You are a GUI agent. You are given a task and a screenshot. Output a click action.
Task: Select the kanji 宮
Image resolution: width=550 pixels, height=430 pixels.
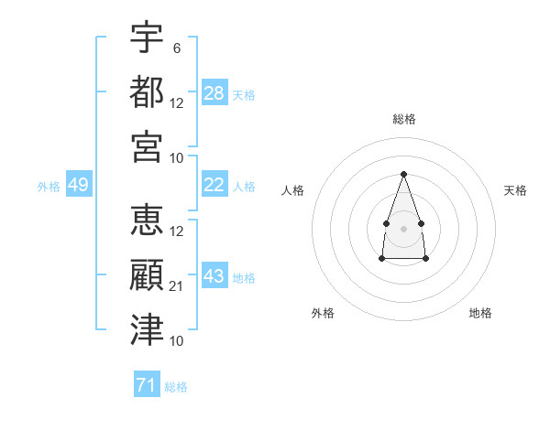[147, 146]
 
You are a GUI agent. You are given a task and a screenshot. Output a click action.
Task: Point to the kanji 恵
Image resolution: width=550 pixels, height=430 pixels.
[147, 221]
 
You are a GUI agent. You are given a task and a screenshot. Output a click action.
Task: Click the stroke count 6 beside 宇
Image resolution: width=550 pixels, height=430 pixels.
[176, 48]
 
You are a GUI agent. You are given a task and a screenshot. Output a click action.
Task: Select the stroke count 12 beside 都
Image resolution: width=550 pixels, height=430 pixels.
[177, 102]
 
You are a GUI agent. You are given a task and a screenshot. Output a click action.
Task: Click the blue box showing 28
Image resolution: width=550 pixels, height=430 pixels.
[214, 93]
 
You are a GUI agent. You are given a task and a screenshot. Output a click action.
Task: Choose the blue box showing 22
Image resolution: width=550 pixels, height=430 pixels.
[214, 185]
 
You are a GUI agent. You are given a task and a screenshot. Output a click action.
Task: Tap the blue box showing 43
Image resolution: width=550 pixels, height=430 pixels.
[214, 276]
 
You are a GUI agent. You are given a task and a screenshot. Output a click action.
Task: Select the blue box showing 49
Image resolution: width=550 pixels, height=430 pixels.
[78, 185]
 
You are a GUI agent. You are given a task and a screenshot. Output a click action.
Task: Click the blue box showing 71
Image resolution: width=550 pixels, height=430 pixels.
[147, 385]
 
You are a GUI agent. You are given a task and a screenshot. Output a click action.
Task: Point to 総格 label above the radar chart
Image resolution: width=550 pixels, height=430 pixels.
[403, 119]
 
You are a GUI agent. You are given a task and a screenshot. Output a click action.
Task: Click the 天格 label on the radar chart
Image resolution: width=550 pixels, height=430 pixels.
[515, 190]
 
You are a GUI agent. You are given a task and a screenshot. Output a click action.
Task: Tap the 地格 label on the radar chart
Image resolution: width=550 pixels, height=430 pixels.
[480, 313]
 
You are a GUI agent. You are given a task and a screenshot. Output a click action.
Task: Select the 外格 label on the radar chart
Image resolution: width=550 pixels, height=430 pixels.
[323, 313]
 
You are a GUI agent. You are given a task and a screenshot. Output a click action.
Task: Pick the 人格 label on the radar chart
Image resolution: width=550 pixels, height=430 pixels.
[292, 190]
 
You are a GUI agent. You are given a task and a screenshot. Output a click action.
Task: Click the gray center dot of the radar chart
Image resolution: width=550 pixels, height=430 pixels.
[403, 227]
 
